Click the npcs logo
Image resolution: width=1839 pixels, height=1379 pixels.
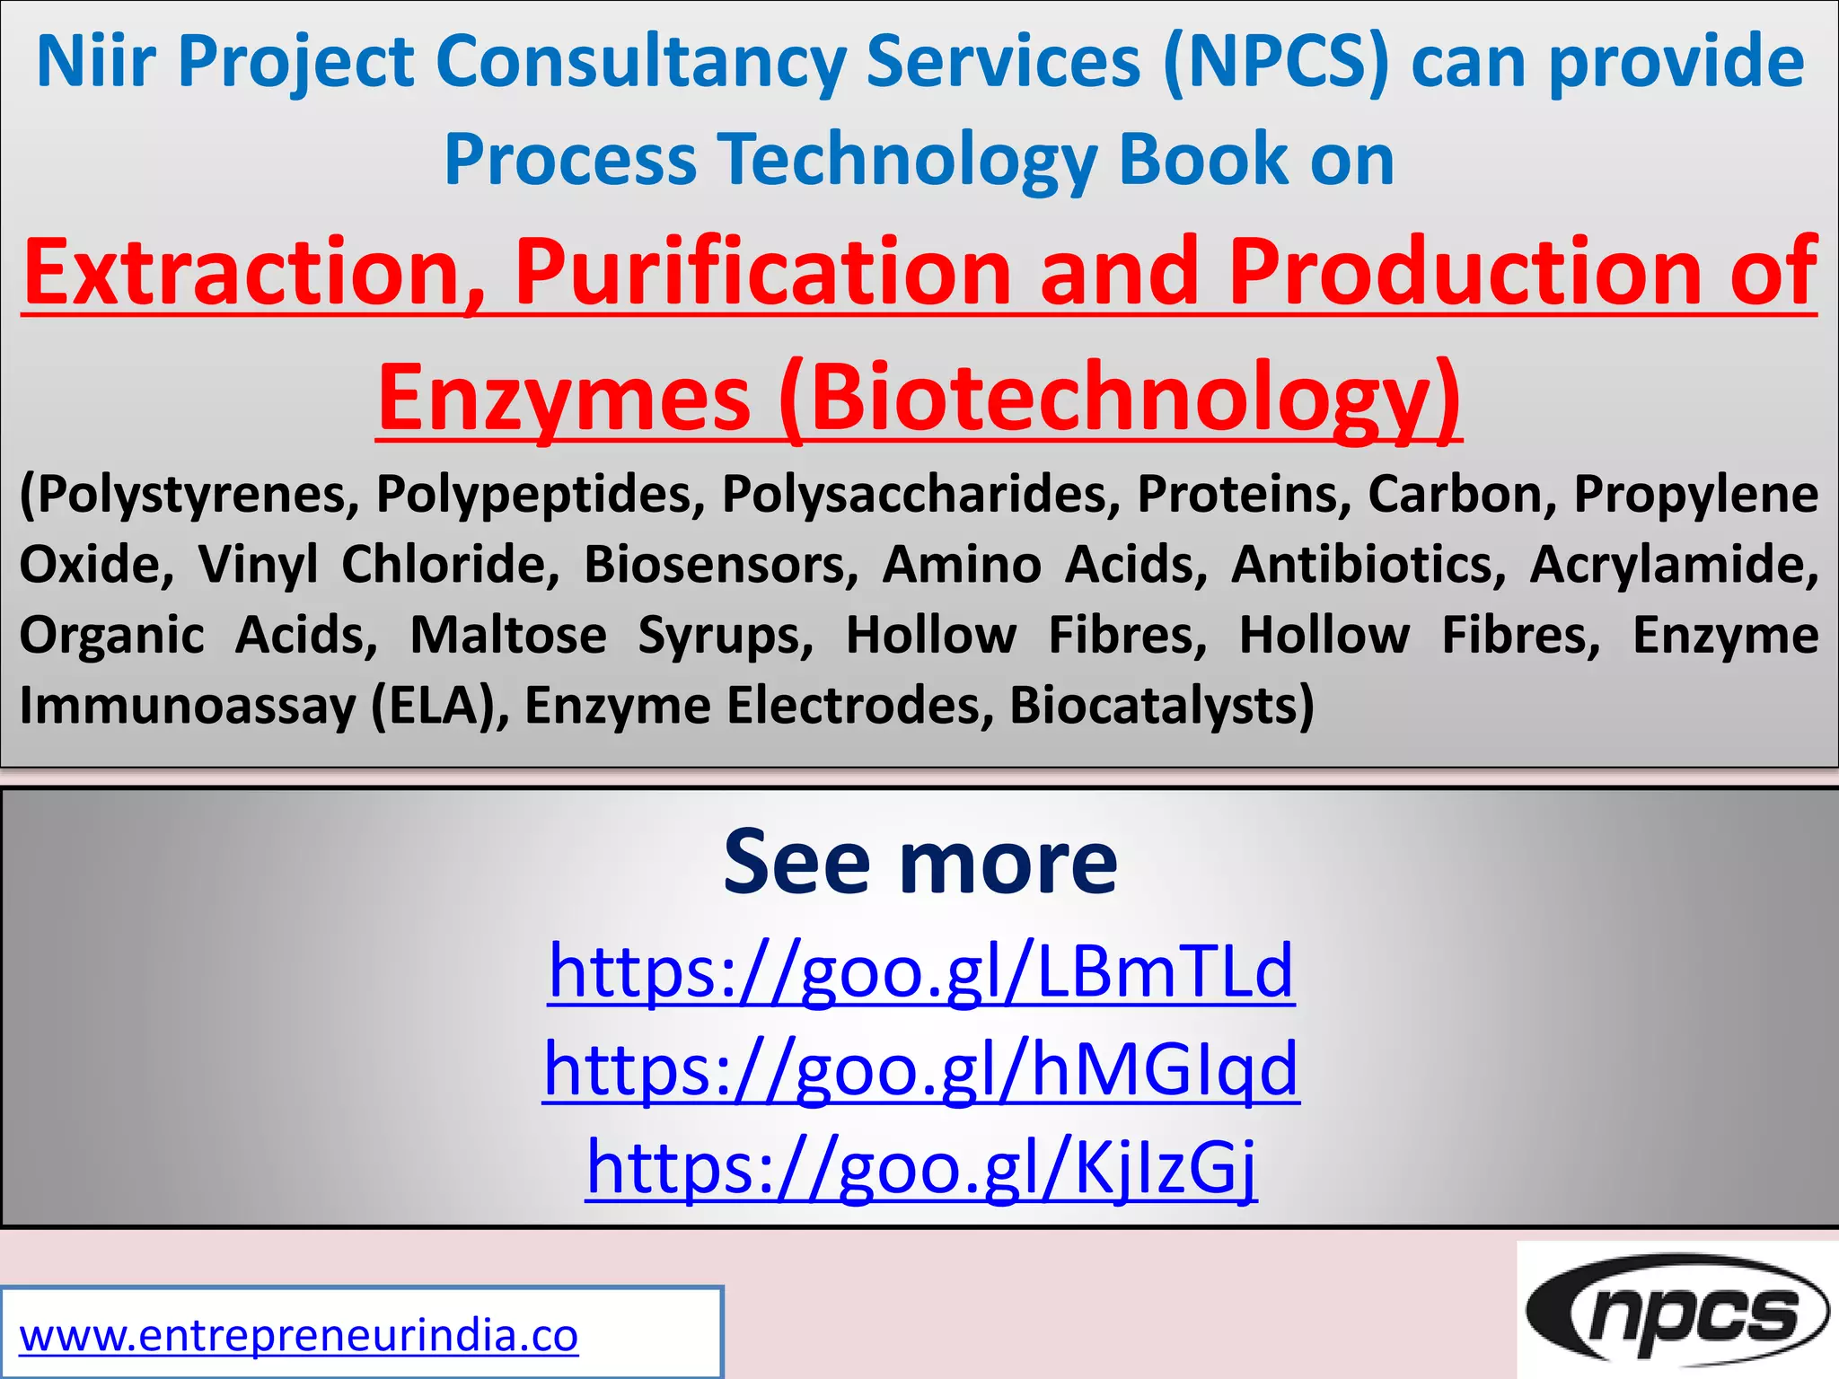1676,1312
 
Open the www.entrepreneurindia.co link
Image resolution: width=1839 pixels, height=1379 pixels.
299,1335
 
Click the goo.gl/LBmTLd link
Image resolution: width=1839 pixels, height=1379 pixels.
920,971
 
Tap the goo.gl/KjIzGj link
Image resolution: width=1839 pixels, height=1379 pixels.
920,1166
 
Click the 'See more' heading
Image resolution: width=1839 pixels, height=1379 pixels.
920,862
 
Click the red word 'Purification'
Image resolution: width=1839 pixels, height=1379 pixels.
762,271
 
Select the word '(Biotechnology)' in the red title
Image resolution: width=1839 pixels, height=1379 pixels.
1120,397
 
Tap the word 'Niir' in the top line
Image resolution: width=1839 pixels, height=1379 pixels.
96,63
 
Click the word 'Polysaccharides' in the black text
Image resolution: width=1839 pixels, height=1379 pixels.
920,494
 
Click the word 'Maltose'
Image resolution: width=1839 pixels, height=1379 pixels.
508,635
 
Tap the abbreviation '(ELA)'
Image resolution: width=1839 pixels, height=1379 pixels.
437,705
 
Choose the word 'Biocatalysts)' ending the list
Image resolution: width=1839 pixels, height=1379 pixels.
1161,705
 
